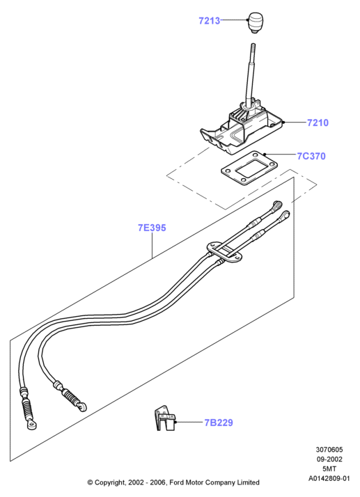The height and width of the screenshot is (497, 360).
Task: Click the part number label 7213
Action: [x=209, y=21]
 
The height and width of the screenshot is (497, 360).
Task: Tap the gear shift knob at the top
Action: [x=255, y=22]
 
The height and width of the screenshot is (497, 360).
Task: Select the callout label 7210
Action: [x=318, y=123]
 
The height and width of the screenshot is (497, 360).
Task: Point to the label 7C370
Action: [x=311, y=156]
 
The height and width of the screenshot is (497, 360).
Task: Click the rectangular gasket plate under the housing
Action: [x=249, y=168]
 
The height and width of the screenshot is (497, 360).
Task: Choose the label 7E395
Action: [x=152, y=228]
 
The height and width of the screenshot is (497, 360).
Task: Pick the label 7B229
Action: [x=219, y=423]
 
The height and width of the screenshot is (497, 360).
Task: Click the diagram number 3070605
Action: [x=329, y=450]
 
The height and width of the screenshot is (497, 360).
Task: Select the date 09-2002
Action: [x=329, y=459]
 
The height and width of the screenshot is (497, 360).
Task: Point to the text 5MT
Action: [x=329, y=468]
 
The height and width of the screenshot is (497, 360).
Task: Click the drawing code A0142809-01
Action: [x=329, y=478]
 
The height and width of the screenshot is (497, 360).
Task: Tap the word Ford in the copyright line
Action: [x=176, y=482]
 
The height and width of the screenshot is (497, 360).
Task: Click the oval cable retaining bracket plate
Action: [x=224, y=252]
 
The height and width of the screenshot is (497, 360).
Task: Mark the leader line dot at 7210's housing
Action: [x=283, y=123]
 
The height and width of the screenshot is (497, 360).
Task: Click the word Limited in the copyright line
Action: [x=249, y=482]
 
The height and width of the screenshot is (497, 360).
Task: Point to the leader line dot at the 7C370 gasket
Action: [x=264, y=155]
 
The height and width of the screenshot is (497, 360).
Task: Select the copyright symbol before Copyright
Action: [x=90, y=483]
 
